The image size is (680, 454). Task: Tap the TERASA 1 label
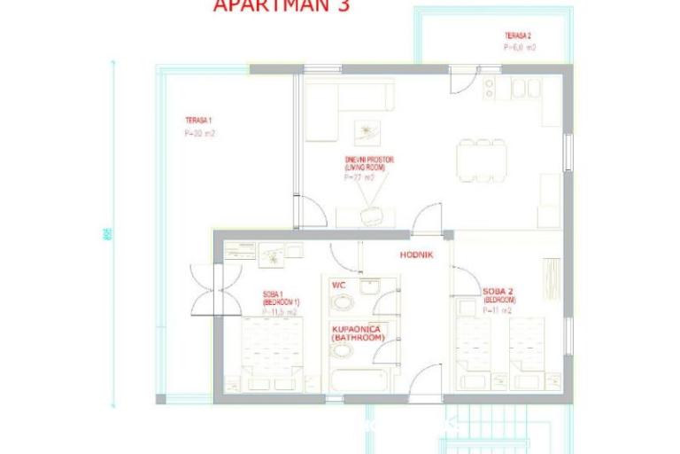point(198,120)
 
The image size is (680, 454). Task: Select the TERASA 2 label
point(518,35)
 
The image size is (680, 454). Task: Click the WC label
point(338,286)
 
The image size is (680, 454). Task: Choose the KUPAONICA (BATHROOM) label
point(358,333)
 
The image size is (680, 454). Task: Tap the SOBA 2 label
point(499,292)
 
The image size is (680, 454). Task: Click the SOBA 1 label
point(274,294)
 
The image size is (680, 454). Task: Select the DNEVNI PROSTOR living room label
point(369,163)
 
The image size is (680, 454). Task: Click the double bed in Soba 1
point(273,353)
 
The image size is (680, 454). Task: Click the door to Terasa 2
point(463,80)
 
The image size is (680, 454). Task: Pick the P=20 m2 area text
point(200,134)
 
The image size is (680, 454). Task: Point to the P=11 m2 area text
point(499,312)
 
